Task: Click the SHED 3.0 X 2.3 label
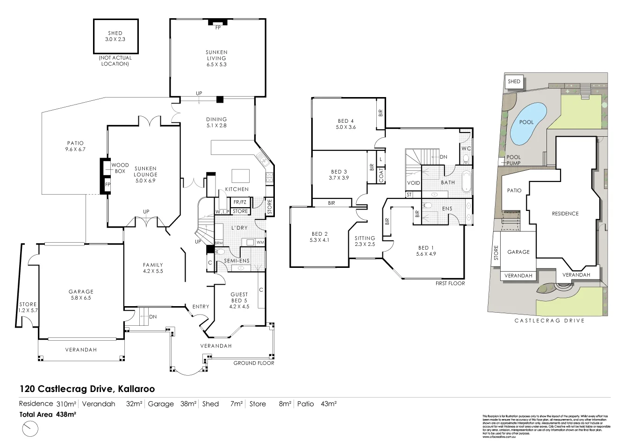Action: click(x=115, y=36)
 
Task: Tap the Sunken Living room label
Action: click(x=216, y=58)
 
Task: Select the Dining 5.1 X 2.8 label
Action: click(x=216, y=122)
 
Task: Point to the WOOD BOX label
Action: click(x=120, y=168)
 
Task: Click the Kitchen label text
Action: click(x=237, y=189)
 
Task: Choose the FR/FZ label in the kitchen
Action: click(x=240, y=202)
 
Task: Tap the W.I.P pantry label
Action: click(x=221, y=212)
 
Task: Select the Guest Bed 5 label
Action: click(x=239, y=301)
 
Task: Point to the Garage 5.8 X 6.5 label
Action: click(x=81, y=294)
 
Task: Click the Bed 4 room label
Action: click(x=345, y=124)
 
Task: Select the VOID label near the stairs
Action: click(x=414, y=183)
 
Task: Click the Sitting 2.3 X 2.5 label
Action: click(x=365, y=241)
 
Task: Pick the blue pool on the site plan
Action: click(x=528, y=124)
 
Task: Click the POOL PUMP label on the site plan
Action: click(x=513, y=160)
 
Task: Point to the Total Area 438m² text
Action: click(x=48, y=414)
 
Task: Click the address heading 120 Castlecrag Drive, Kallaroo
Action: click(x=87, y=389)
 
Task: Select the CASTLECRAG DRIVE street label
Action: click(x=549, y=321)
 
